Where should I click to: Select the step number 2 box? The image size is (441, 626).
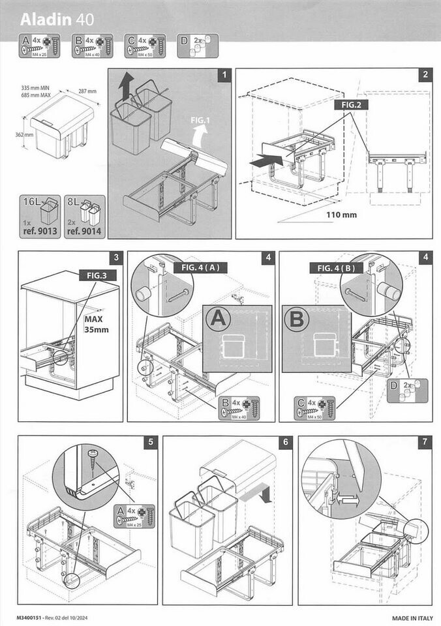425,76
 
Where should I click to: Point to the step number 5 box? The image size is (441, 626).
151,442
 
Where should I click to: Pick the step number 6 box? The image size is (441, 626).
285,442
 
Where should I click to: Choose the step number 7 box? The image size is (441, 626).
425,442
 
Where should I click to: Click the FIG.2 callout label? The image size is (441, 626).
352,104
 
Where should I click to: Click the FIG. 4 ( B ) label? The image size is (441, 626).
337,268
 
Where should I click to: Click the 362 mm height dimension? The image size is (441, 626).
23,135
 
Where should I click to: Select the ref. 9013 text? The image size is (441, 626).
40,230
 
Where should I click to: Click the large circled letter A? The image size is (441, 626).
219,320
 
